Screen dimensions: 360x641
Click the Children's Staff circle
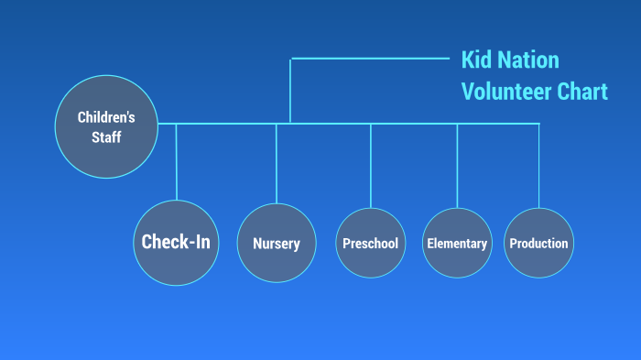106,127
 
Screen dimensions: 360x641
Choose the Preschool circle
370,243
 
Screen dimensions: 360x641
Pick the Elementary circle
457,243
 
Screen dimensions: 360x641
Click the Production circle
538,243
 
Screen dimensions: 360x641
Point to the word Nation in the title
529,61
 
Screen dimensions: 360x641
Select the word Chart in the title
582,92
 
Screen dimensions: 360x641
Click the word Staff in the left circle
106,137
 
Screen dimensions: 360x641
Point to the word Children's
106,117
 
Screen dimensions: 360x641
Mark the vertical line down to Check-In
176,161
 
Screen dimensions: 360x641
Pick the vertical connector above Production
538,165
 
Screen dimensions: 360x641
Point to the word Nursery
277,244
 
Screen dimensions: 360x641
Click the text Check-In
176,242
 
